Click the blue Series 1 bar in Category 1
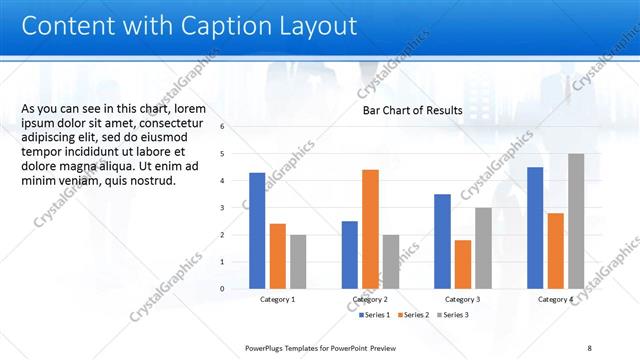257,230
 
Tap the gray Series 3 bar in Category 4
576,221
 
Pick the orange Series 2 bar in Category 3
462,264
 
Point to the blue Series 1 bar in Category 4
535,227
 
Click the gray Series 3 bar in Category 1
299,261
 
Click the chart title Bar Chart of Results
412,111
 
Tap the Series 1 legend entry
375,315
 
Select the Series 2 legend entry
415,315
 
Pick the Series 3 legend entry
454,315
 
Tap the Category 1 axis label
277,299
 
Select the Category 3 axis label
462,299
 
